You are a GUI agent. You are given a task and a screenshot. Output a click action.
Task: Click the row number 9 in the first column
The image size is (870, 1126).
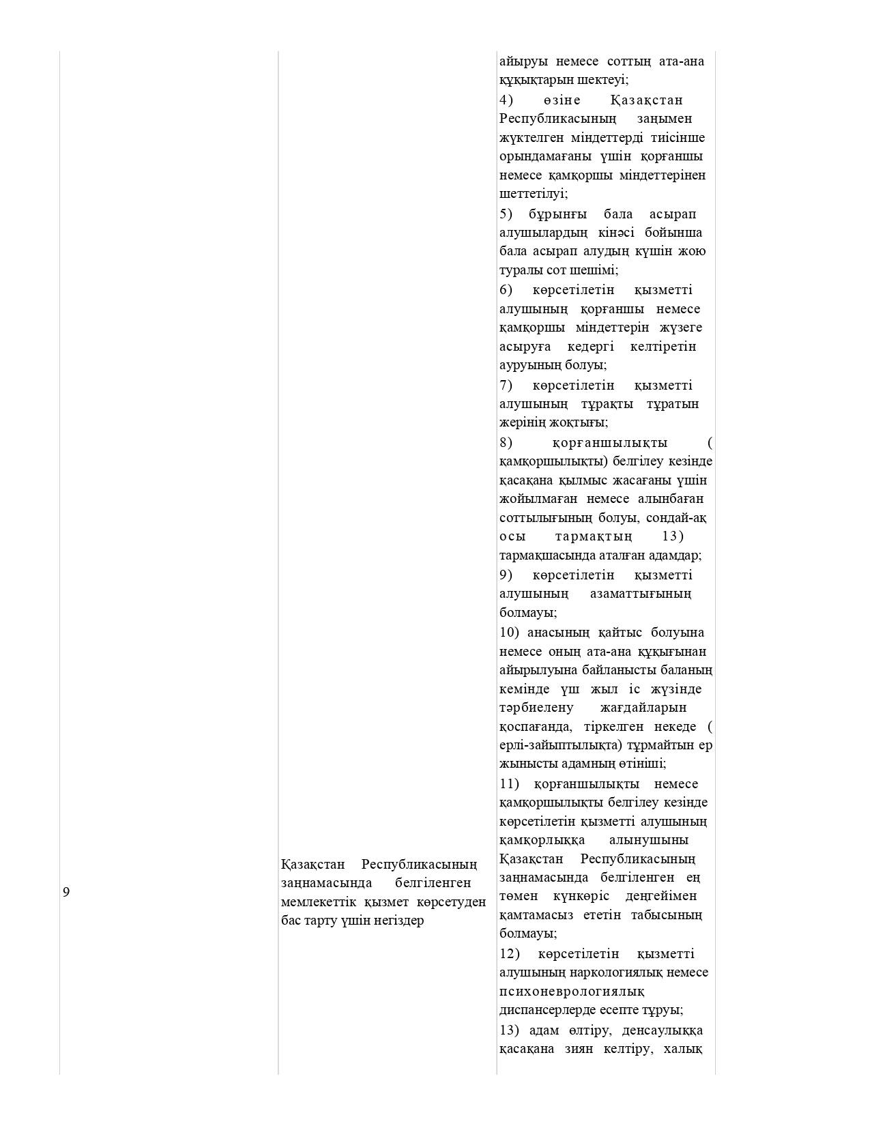[x=66, y=892]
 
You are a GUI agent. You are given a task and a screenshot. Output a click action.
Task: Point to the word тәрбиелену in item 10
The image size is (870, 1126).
[x=536, y=708]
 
